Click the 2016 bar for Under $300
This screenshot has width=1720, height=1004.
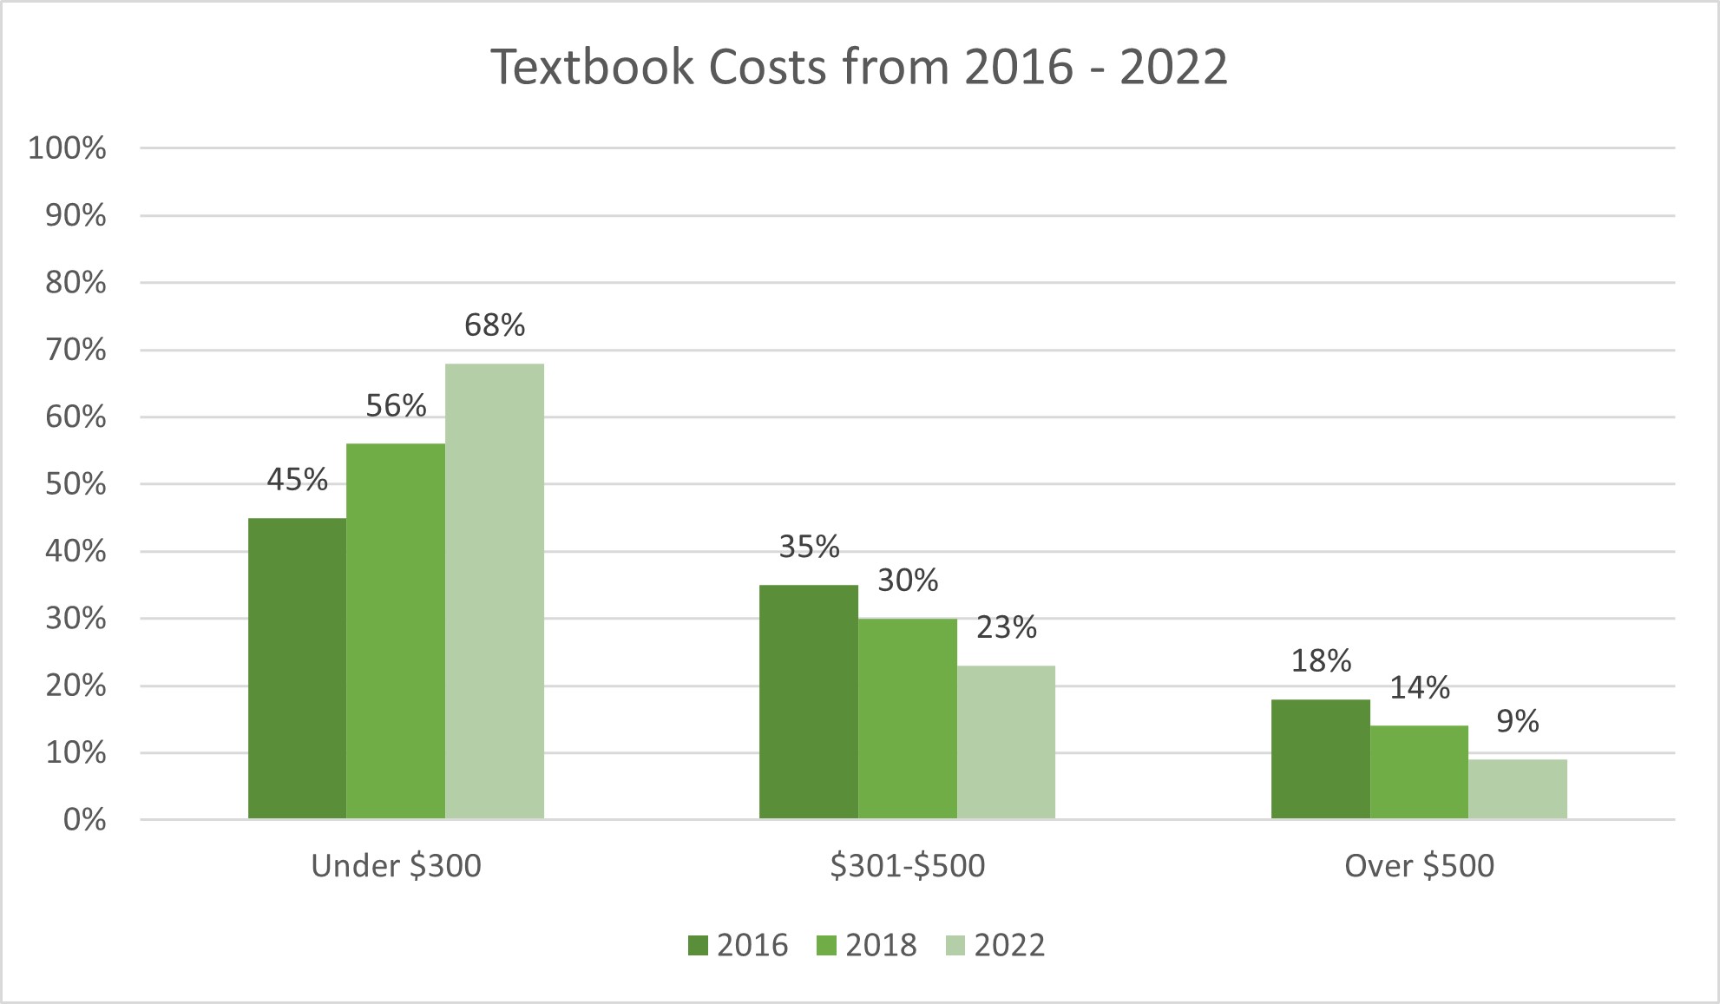pos(297,668)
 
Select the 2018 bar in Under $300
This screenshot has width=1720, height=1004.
pos(396,631)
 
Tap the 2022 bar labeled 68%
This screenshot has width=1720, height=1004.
pos(495,591)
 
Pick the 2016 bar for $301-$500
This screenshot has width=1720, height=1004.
pos(808,701)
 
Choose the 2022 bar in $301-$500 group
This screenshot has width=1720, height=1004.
pos(1006,742)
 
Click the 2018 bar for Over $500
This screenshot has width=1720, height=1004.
pos(1419,772)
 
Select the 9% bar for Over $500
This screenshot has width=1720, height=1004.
pos(1518,789)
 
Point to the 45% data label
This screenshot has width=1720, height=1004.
pos(297,480)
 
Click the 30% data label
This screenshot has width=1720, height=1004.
pos(908,581)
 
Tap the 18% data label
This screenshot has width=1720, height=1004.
pos(1321,661)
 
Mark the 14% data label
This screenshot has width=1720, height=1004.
pos(1420,688)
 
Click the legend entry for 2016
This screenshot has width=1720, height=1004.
pos(738,945)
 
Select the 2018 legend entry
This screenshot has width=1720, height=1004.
pos(866,945)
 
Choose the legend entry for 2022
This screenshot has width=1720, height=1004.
pos(995,945)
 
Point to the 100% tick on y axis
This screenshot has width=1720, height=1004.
pos(67,148)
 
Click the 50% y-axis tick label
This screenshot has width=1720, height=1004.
pos(75,484)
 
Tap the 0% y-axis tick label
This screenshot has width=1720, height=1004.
pos(84,820)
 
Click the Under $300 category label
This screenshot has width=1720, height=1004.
pos(396,866)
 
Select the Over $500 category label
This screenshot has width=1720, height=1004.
pos(1419,866)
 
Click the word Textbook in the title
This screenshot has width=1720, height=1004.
pos(592,67)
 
